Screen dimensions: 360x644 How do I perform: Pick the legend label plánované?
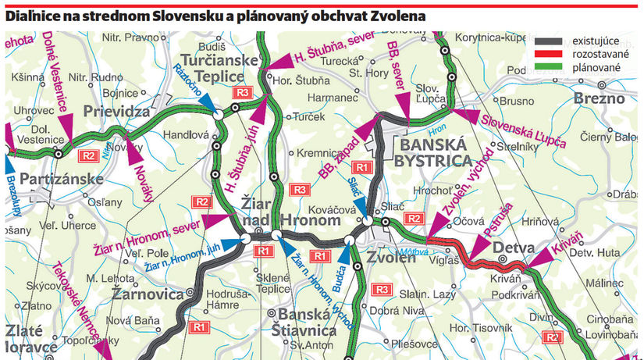pos(597,68)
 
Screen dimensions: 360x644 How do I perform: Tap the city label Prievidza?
pos(116,111)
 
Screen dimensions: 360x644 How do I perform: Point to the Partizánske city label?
pos(62,180)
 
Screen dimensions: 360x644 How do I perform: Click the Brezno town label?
pos(599,98)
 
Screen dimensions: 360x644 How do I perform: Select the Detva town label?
pos(511,248)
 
